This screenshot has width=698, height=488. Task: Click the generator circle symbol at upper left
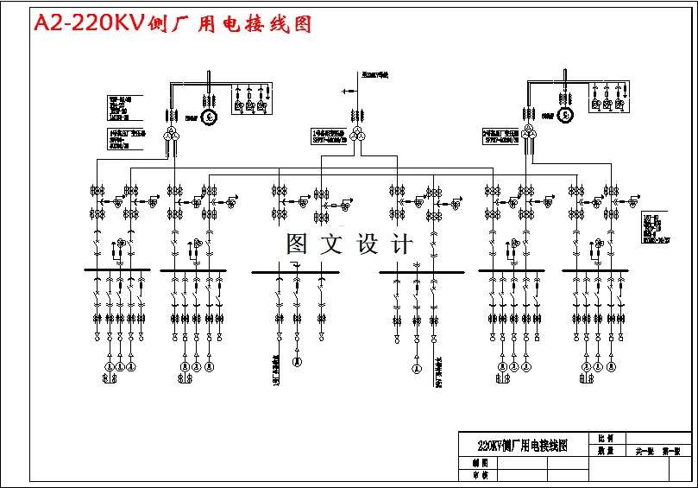pyautogui.click(x=208, y=116)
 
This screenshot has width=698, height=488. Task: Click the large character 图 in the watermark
pyautogui.click(x=298, y=244)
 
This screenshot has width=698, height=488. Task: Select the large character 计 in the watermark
pyautogui.click(x=401, y=244)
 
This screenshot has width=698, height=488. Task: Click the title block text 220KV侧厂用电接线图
pyautogui.click(x=523, y=446)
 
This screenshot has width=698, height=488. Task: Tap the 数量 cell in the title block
pyautogui.click(x=604, y=451)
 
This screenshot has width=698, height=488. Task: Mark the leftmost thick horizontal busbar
pyautogui.click(x=117, y=270)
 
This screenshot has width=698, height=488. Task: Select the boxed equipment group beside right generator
pyautogui.click(x=607, y=98)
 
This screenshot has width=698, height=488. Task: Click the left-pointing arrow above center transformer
pyautogui.click(x=346, y=90)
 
